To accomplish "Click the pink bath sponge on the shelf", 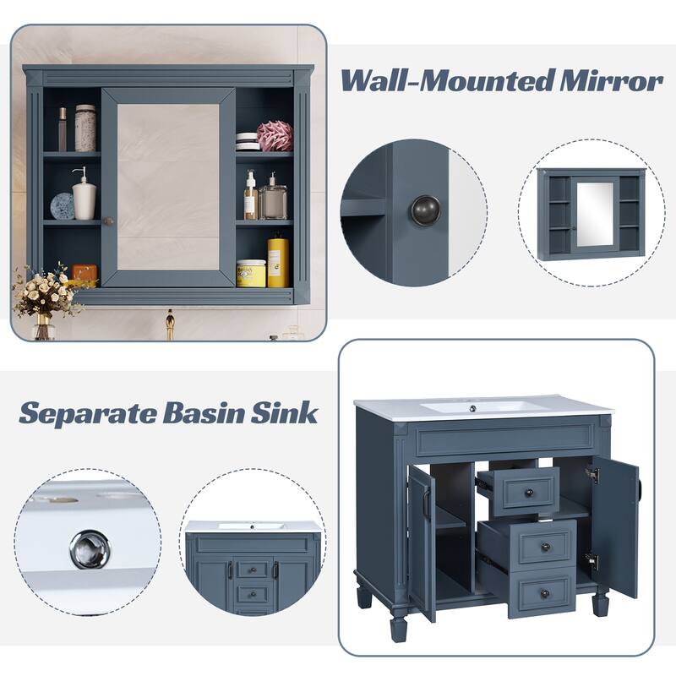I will [x=275, y=135].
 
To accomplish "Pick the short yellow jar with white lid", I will [x=251, y=273].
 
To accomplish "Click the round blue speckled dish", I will [x=62, y=206].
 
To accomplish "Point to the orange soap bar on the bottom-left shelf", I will [x=84, y=273].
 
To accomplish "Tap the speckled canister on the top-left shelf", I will [x=85, y=128].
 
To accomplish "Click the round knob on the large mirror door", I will [x=108, y=221].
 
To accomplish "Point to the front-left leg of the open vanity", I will [x=398, y=625].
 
